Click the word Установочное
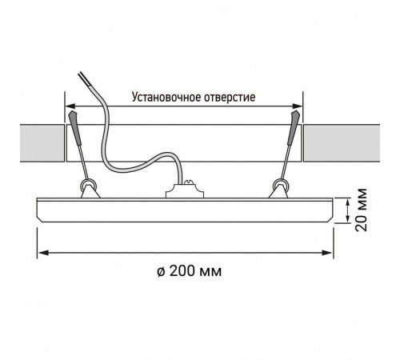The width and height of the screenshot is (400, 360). click(166, 98)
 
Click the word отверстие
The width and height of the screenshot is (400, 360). click(230, 98)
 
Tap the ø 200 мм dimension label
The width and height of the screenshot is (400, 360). click(190, 271)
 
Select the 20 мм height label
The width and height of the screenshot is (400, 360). click(362, 210)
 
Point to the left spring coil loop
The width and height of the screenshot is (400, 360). click(88, 184)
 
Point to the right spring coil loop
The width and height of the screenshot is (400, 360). click(280, 184)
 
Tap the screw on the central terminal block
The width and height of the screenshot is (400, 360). click(190, 182)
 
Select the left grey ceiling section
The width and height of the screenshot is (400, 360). click(42, 142)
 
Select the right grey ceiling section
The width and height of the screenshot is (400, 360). click(342, 142)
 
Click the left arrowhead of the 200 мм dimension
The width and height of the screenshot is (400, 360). click(42, 253)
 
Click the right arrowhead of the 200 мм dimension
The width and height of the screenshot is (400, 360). click(327, 253)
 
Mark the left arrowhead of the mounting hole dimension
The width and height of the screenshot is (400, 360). click(71, 106)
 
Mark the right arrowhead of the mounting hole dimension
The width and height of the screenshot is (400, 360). click(297, 106)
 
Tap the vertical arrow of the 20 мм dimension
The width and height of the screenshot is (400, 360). click(348, 210)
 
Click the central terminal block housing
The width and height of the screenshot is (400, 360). click(185, 190)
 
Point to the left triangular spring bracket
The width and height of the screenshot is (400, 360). click(90, 192)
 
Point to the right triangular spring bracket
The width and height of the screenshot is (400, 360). click(278, 192)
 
